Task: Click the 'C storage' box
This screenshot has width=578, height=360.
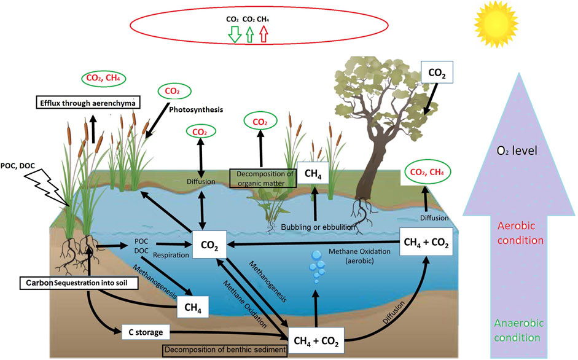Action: [145, 332]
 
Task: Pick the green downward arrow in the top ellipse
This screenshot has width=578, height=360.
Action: [234, 35]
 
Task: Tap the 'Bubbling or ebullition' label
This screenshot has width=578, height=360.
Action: [319, 227]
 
